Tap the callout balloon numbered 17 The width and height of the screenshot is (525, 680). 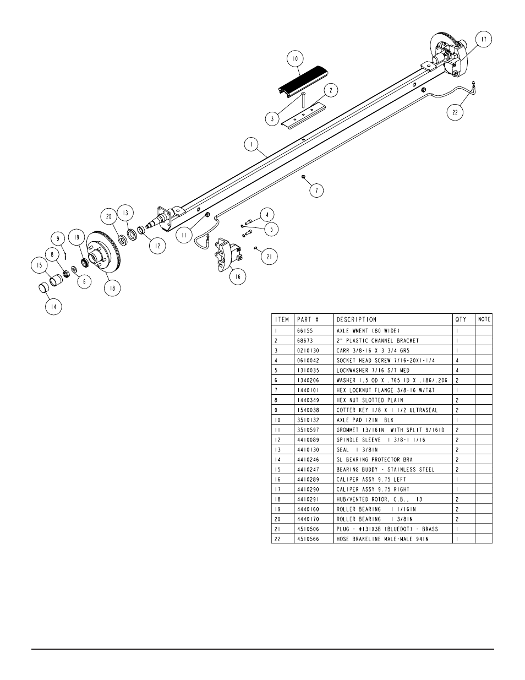[x=483, y=40]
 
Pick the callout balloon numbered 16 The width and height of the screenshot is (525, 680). [x=237, y=277]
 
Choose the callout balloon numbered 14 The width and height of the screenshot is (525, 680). [x=53, y=307]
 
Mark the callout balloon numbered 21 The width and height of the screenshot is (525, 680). [x=269, y=257]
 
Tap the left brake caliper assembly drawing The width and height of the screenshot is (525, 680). [x=226, y=254]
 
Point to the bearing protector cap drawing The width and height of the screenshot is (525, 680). [x=43, y=287]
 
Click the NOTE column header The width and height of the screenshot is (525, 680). [x=484, y=319]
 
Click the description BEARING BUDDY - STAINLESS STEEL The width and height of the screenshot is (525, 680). [x=385, y=470]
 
